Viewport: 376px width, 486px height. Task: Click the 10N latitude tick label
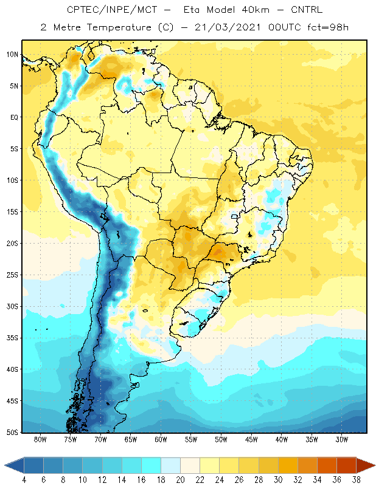click(x=12, y=55)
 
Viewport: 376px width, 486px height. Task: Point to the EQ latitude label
click(x=14, y=117)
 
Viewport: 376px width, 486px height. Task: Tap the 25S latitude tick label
click(x=12, y=275)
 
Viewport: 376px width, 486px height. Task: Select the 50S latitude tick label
click(x=12, y=433)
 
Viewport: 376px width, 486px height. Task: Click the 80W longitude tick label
click(x=40, y=439)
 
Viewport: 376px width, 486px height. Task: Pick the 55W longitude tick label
click(x=191, y=439)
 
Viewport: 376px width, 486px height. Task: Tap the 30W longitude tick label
click(x=341, y=439)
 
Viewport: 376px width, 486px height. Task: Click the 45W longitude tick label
click(x=251, y=439)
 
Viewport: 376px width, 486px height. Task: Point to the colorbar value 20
click(x=180, y=480)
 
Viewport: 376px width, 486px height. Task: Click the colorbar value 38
click(x=356, y=480)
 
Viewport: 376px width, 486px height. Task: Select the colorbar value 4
click(x=24, y=480)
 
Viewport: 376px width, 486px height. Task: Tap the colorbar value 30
click(x=278, y=480)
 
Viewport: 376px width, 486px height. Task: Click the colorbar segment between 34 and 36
click(x=327, y=465)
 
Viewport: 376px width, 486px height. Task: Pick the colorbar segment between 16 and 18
click(x=151, y=465)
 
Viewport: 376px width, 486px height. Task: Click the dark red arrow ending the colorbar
click(x=366, y=465)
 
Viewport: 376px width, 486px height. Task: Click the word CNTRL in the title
click(x=307, y=10)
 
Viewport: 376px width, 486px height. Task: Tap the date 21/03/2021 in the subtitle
click(x=228, y=27)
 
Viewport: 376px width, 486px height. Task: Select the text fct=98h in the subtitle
click(x=328, y=27)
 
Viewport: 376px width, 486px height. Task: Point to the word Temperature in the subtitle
click(x=119, y=27)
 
